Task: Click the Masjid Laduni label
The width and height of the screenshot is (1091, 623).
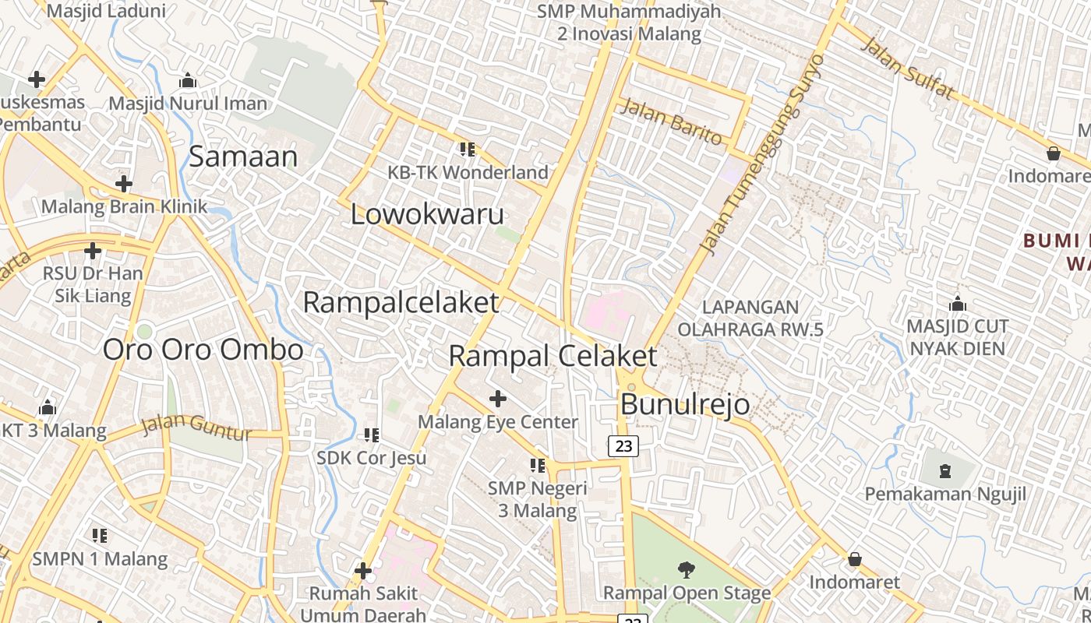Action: coord(107,11)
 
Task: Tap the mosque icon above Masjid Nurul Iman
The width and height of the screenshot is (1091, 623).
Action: coord(187,81)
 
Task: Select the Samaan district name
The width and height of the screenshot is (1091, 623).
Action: coord(243,157)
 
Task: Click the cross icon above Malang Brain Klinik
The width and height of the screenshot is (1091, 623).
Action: coord(123,184)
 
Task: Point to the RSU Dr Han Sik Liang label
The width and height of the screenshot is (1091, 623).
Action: coord(93,284)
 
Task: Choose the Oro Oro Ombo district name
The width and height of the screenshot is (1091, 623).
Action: coord(203,350)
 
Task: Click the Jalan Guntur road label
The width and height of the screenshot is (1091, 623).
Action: coord(197,427)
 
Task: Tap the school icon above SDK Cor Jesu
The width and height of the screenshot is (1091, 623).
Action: coord(372,435)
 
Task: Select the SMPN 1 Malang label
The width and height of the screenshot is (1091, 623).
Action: coord(100,558)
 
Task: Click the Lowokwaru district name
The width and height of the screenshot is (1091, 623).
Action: coord(427,214)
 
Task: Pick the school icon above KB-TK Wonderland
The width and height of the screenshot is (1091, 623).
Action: coord(468,149)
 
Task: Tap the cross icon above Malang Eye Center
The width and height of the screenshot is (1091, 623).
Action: coord(498,399)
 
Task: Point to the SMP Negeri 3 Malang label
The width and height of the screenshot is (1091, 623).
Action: coord(538,499)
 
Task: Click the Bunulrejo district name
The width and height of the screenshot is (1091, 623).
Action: coord(685,404)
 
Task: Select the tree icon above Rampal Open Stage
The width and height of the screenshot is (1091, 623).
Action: coord(687,570)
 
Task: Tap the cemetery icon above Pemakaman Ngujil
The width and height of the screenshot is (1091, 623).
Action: coord(945,470)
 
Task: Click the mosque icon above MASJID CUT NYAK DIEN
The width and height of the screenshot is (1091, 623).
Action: coord(958,304)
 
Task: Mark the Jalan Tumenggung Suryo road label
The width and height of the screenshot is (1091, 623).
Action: coord(763,156)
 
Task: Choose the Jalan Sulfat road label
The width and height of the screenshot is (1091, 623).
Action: coord(907,69)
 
